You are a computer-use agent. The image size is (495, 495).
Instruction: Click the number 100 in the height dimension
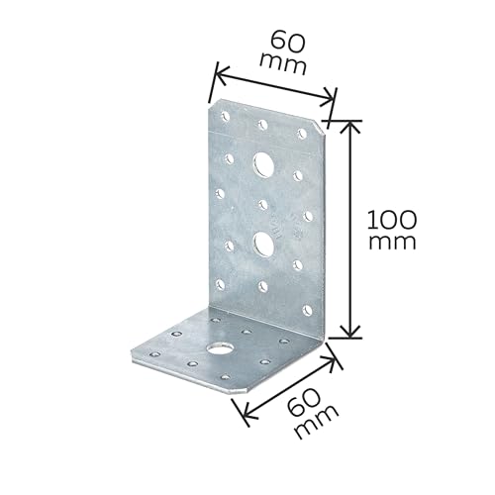392,220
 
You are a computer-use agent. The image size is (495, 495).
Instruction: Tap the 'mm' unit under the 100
392,243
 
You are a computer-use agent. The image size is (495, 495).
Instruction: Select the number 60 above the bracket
287,43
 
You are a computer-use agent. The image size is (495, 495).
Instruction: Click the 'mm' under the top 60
283,64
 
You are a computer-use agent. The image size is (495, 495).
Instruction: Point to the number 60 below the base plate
303,401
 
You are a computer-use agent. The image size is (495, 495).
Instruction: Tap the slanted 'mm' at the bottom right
318,422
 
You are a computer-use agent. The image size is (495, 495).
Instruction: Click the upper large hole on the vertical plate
263,163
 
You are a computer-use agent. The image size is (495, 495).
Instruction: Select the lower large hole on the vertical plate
262,244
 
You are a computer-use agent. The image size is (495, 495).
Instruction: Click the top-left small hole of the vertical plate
226,116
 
